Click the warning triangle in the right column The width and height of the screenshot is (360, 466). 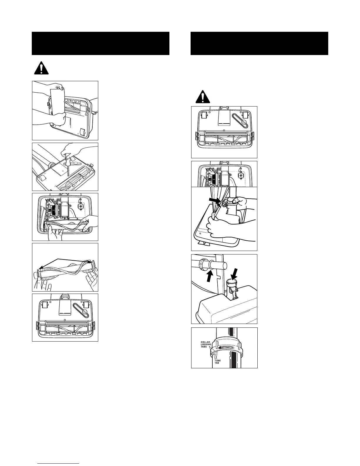pos(203,96)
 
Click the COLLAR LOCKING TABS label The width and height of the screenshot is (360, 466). pos(206,344)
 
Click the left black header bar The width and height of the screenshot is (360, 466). pos(101,44)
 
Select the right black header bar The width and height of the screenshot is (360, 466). pos(259,44)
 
